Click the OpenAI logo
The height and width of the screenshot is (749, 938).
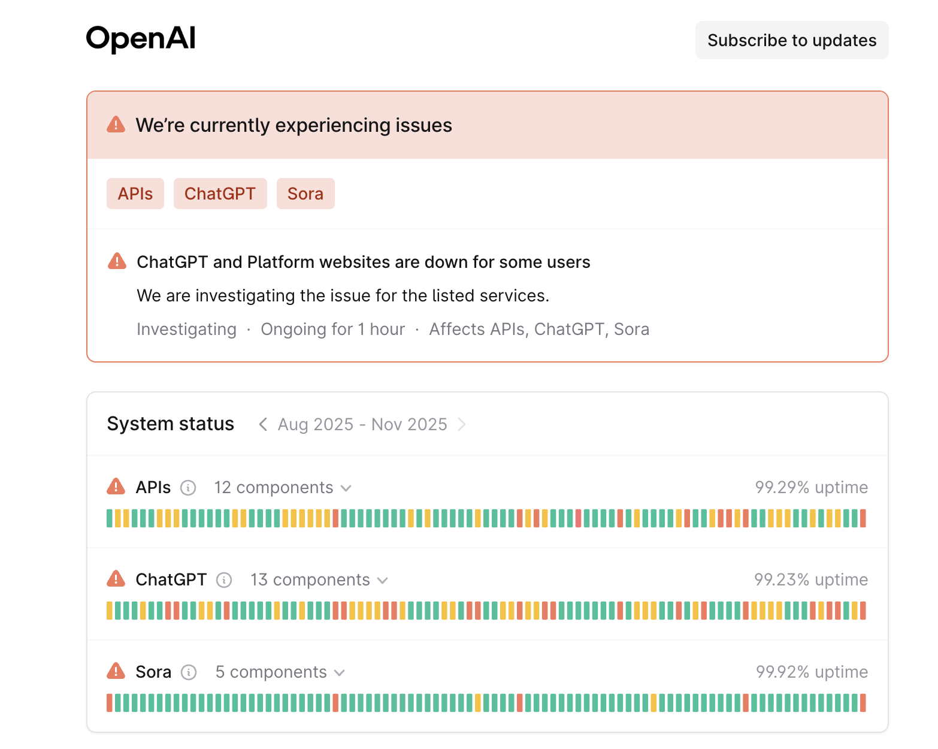tap(141, 39)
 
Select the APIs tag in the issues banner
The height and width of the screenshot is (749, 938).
tap(135, 194)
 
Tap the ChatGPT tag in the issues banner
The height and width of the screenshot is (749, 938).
tap(220, 194)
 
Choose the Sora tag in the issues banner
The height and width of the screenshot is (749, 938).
tap(305, 194)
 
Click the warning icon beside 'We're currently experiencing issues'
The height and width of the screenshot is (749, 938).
tap(116, 125)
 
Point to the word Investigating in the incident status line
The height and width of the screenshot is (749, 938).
tap(186, 329)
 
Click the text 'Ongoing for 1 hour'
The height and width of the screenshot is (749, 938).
tap(332, 329)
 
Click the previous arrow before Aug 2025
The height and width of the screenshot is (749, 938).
tap(262, 424)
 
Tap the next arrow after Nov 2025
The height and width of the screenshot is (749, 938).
tap(461, 424)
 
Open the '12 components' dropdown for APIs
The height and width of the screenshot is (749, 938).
tap(283, 488)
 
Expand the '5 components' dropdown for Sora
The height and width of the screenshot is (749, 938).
tap(280, 672)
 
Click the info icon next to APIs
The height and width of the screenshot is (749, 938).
tap(188, 488)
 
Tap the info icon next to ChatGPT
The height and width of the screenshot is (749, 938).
tap(224, 580)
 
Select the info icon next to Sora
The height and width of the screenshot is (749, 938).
tap(189, 672)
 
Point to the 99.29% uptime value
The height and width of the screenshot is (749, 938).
tap(811, 487)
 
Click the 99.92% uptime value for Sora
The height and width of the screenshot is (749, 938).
tap(812, 672)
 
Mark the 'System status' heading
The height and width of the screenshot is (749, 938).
tap(170, 424)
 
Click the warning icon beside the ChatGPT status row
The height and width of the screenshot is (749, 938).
tap(116, 579)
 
